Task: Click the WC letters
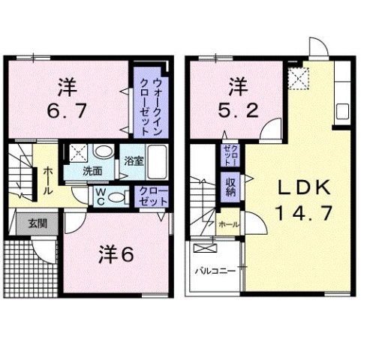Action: pos(99,196)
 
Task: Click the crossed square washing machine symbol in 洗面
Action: pos(77,154)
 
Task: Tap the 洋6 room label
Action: pos(114,253)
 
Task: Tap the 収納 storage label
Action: pos(230,187)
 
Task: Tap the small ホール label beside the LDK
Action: pos(228,223)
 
